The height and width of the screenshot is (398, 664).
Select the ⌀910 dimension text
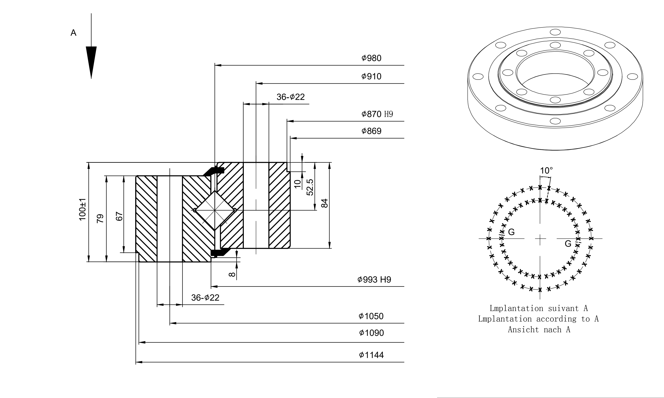tap(371, 76)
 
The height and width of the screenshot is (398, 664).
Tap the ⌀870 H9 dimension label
tap(377, 114)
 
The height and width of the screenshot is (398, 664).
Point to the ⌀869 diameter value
tap(371, 131)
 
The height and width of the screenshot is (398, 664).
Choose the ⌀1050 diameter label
tap(371, 316)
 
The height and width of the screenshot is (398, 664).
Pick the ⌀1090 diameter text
tap(371, 333)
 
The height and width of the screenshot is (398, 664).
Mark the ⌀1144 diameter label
tap(371, 355)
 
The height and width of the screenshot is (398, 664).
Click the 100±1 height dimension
tap(82, 209)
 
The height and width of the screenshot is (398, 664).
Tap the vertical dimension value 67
tap(119, 216)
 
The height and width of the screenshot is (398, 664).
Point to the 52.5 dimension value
tap(310, 187)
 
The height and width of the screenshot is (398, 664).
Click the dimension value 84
tap(325, 203)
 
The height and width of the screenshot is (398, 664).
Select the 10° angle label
tap(546, 171)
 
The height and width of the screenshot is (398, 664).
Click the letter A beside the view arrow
tap(73, 33)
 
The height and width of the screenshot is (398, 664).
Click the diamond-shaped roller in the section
tap(215, 210)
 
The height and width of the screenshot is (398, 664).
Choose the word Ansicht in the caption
tap(520, 329)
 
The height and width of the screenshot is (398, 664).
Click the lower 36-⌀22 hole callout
tap(205, 297)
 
